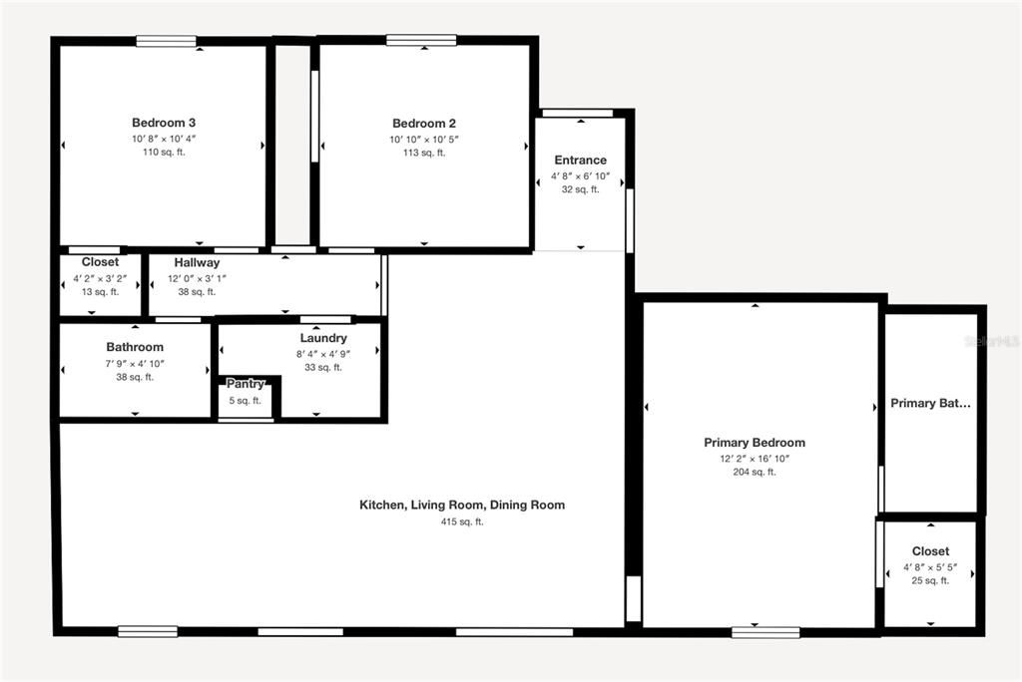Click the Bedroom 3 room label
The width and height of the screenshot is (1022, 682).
(x=164, y=123)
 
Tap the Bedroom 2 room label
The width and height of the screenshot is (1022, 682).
(x=424, y=124)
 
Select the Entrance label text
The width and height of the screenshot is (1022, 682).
(x=580, y=160)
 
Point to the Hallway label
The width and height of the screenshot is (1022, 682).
(x=197, y=262)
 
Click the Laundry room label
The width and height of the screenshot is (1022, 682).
(x=322, y=338)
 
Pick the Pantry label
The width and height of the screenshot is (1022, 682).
(x=245, y=384)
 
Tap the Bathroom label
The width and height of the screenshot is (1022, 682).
(x=135, y=347)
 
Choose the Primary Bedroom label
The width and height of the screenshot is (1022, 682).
(x=755, y=443)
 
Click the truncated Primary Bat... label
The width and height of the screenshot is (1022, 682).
(x=930, y=404)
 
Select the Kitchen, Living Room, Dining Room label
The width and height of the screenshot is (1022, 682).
(x=462, y=506)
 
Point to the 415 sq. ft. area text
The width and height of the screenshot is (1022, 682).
(x=462, y=521)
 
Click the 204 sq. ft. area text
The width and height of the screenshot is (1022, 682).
(x=755, y=473)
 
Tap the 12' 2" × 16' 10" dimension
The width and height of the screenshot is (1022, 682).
(x=755, y=459)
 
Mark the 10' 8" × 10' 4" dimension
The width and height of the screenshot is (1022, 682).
(x=164, y=140)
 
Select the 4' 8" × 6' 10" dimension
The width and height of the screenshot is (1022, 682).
(x=580, y=175)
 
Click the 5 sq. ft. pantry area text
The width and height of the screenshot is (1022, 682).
(x=245, y=401)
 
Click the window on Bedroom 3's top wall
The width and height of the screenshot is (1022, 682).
(x=167, y=41)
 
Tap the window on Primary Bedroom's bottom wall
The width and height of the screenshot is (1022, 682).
(x=766, y=631)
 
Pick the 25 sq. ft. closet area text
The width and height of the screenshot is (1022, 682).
(x=930, y=580)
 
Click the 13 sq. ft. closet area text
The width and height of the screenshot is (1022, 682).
(x=100, y=292)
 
